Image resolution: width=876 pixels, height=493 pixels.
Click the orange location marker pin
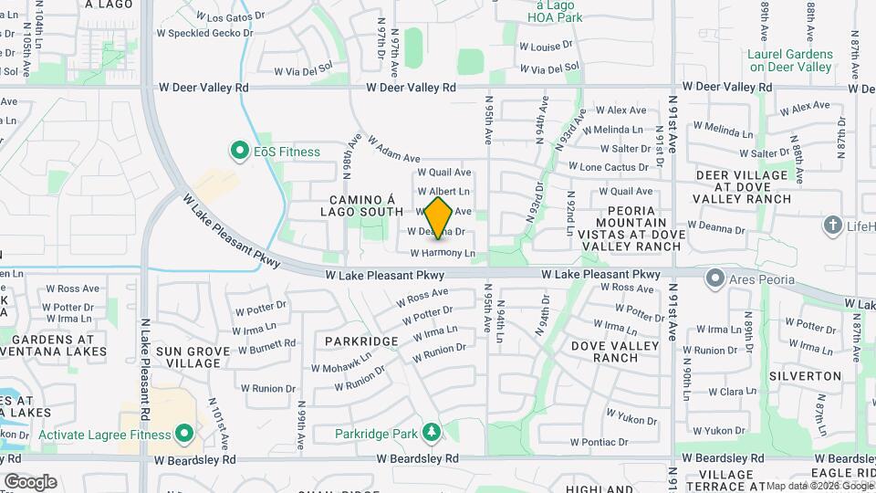click(x=439, y=217)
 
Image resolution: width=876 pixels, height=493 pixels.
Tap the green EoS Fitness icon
click(x=240, y=151)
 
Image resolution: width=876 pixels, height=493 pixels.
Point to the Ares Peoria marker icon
click(x=716, y=277)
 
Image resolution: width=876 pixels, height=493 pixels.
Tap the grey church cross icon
click(x=832, y=225)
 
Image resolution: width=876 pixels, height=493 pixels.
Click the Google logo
click(x=29, y=481)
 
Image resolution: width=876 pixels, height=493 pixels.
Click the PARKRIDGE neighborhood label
click(x=360, y=341)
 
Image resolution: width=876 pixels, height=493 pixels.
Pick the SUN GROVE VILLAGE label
click(x=188, y=357)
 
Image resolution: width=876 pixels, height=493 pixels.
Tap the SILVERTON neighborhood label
click(x=804, y=375)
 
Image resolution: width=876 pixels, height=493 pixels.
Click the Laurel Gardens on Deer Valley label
click(x=789, y=60)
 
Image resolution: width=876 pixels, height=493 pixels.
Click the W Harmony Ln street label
click(x=443, y=253)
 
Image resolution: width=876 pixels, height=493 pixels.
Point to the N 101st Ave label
click(x=215, y=417)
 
